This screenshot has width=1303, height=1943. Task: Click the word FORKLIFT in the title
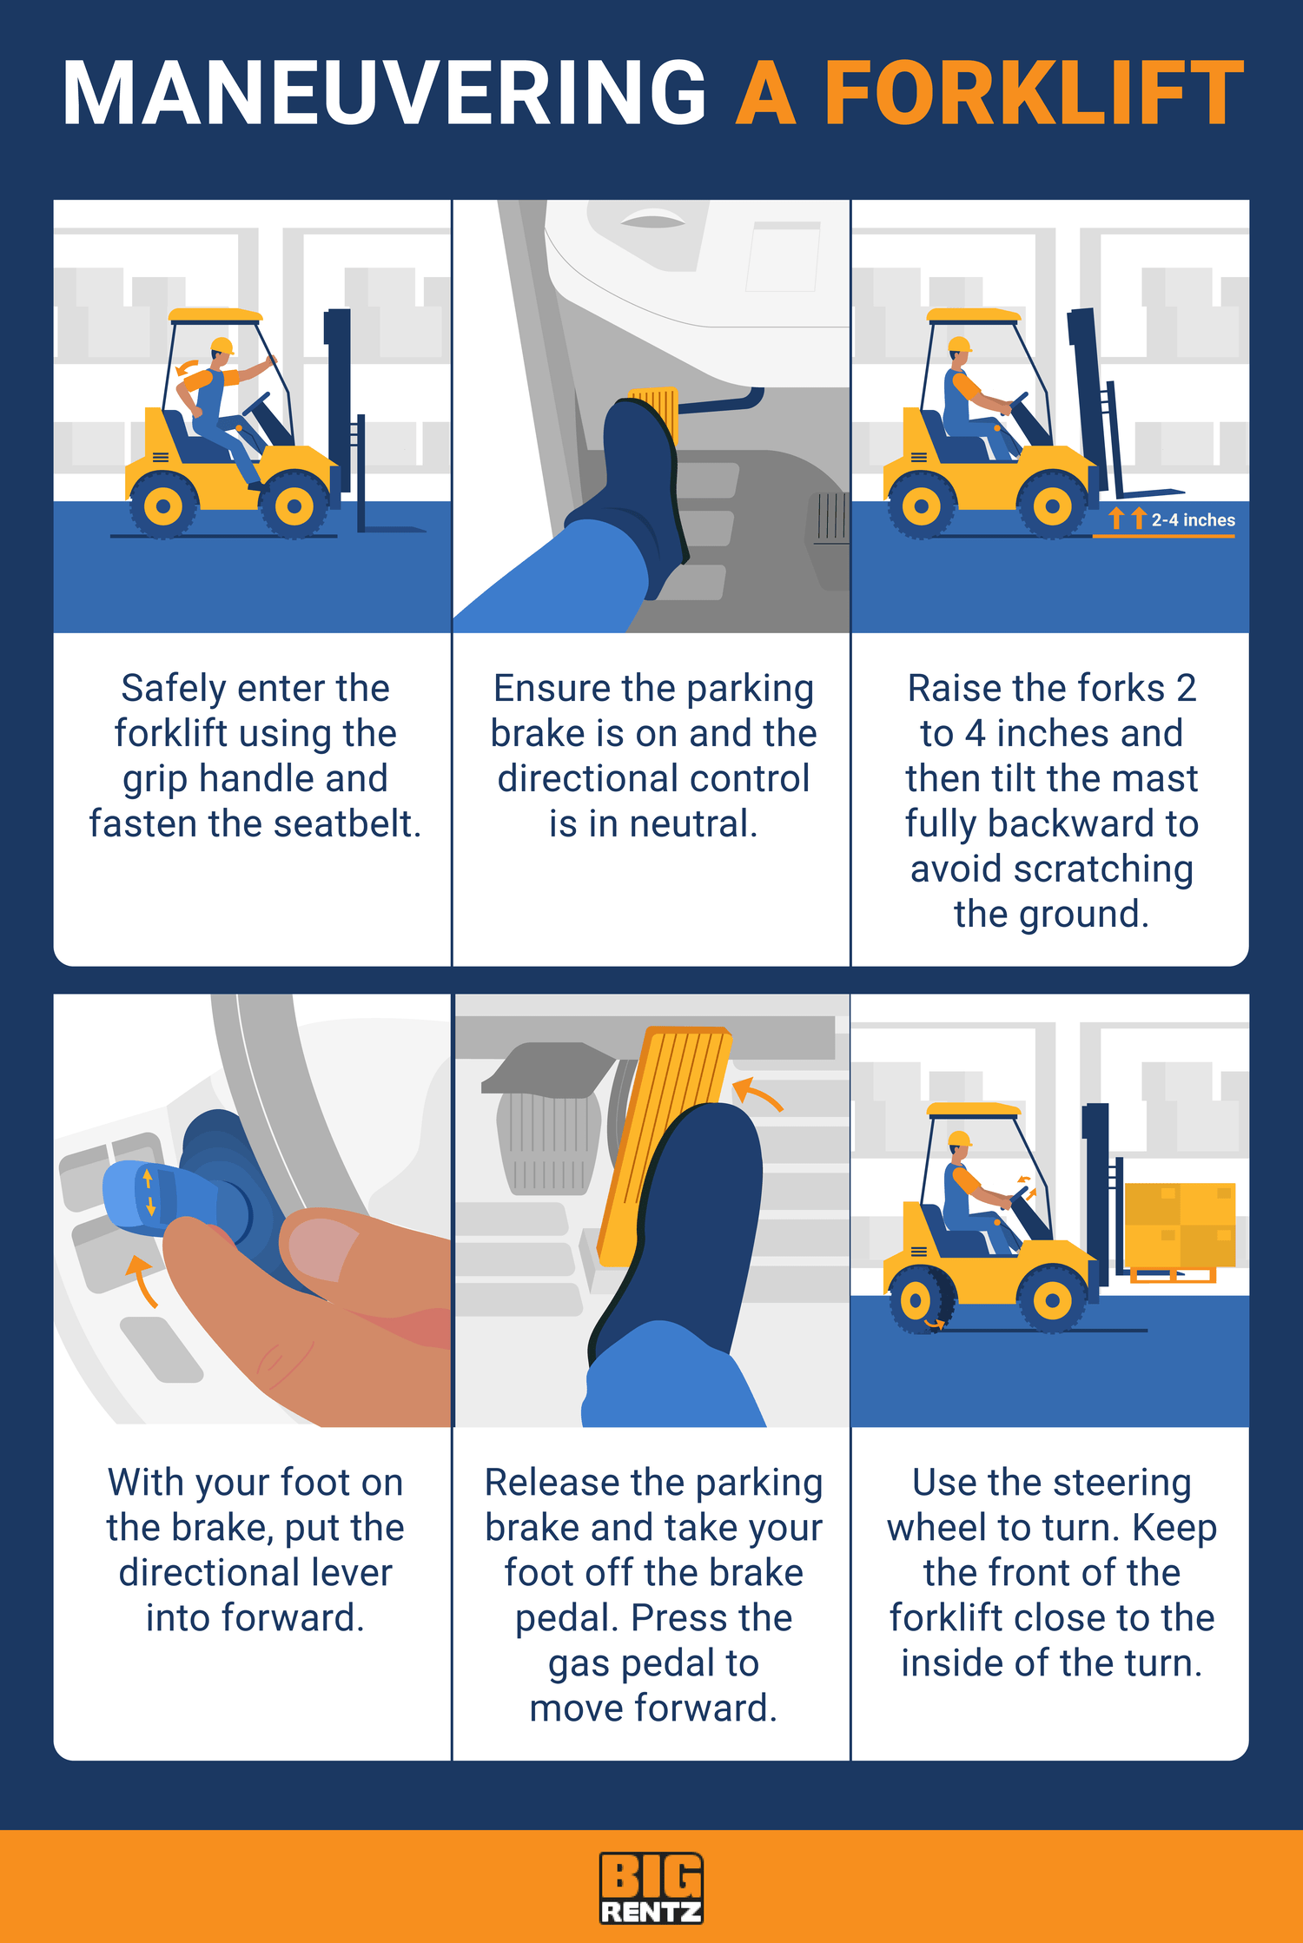pos(1034,94)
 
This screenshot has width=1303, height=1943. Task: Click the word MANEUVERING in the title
pos(385,94)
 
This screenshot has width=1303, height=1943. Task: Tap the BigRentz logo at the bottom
pos(651,1887)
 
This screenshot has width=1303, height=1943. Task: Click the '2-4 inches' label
pos(1193,520)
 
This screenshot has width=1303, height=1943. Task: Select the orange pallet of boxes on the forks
pos(1180,1225)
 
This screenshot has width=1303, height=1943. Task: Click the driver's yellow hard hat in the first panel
pos(222,346)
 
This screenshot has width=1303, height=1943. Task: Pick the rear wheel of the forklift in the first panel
pos(163,506)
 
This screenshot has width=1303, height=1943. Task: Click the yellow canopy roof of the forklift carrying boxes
pos(973,1109)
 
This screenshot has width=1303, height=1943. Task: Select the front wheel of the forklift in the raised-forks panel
pos(1052,506)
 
